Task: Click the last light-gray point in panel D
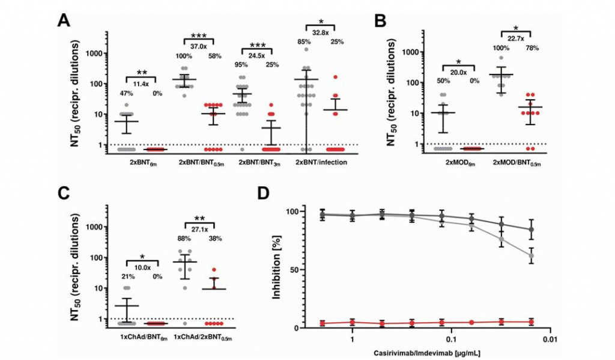click(531, 256)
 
